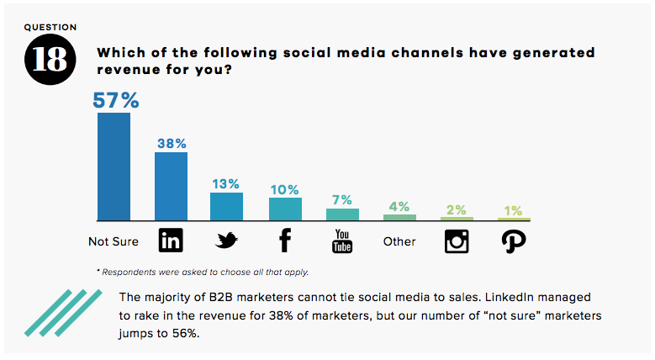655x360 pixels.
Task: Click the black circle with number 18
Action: click(x=50, y=60)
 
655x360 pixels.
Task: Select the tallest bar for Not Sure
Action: click(x=114, y=167)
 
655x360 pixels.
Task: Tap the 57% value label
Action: click(x=115, y=101)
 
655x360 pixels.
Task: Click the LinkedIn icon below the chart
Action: click(x=171, y=241)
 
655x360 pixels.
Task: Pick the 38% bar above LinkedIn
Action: click(x=171, y=187)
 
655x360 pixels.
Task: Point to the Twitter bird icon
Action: click(x=227, y=241)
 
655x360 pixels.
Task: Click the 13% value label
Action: click(x=226, y=183)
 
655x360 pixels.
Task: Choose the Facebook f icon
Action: click(x=284, y=241)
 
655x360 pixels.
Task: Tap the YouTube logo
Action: click(x=342, y=241)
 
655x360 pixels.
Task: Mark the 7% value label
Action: click(x=342, y=199)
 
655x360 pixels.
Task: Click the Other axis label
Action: click(x=399, y=241)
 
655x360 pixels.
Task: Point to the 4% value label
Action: click(x=399, y=206)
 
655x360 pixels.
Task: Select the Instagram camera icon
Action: click(x=457, y=241)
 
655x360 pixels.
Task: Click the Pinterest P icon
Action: click(x=513, y=241)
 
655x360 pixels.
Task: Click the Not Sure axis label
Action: click(x=114, y=241)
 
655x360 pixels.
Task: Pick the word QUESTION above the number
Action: click(x=50, y=27)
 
